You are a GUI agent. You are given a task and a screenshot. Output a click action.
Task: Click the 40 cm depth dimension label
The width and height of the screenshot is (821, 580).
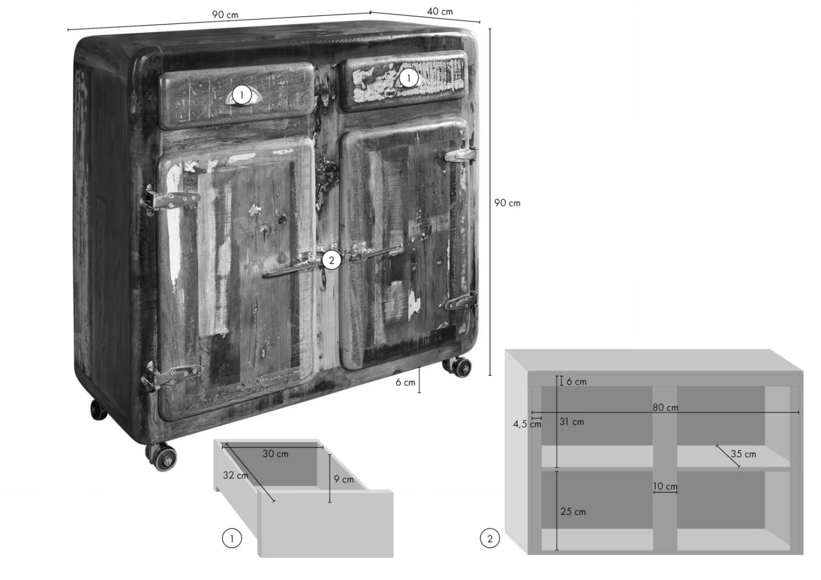440,11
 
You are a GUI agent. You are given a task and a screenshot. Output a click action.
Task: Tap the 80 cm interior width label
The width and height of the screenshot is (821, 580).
665,408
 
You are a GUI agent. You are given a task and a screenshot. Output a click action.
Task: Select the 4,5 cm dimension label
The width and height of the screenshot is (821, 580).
527,424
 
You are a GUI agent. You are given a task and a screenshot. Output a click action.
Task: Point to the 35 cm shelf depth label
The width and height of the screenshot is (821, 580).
743,454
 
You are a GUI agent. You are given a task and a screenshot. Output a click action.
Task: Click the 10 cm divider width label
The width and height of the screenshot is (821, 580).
665,486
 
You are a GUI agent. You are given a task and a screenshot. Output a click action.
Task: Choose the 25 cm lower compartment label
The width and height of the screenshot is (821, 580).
573,512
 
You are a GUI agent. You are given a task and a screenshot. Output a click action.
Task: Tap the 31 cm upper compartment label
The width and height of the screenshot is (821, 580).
571,422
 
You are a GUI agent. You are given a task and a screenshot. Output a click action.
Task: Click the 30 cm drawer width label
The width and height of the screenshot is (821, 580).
275,454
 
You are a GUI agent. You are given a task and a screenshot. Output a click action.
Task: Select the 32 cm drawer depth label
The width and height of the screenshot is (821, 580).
235,475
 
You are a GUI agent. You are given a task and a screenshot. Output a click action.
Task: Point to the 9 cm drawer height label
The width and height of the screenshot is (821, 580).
343,479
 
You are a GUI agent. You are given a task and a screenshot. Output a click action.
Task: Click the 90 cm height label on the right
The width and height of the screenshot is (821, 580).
507,203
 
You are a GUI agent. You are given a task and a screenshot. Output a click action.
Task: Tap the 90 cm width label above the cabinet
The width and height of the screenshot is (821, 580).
224,15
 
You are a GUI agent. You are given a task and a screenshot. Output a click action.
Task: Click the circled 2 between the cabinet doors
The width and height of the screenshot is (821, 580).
332,260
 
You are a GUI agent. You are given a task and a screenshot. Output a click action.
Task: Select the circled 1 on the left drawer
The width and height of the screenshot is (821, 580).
241,96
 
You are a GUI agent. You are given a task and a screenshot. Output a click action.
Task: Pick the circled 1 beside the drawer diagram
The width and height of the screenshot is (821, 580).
232,538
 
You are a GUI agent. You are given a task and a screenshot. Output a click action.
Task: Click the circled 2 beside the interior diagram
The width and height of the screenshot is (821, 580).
490,538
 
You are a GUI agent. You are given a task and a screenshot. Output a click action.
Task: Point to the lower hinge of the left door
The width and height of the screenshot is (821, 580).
171,375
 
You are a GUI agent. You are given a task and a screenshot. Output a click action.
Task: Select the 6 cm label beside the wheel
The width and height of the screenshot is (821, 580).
405,382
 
